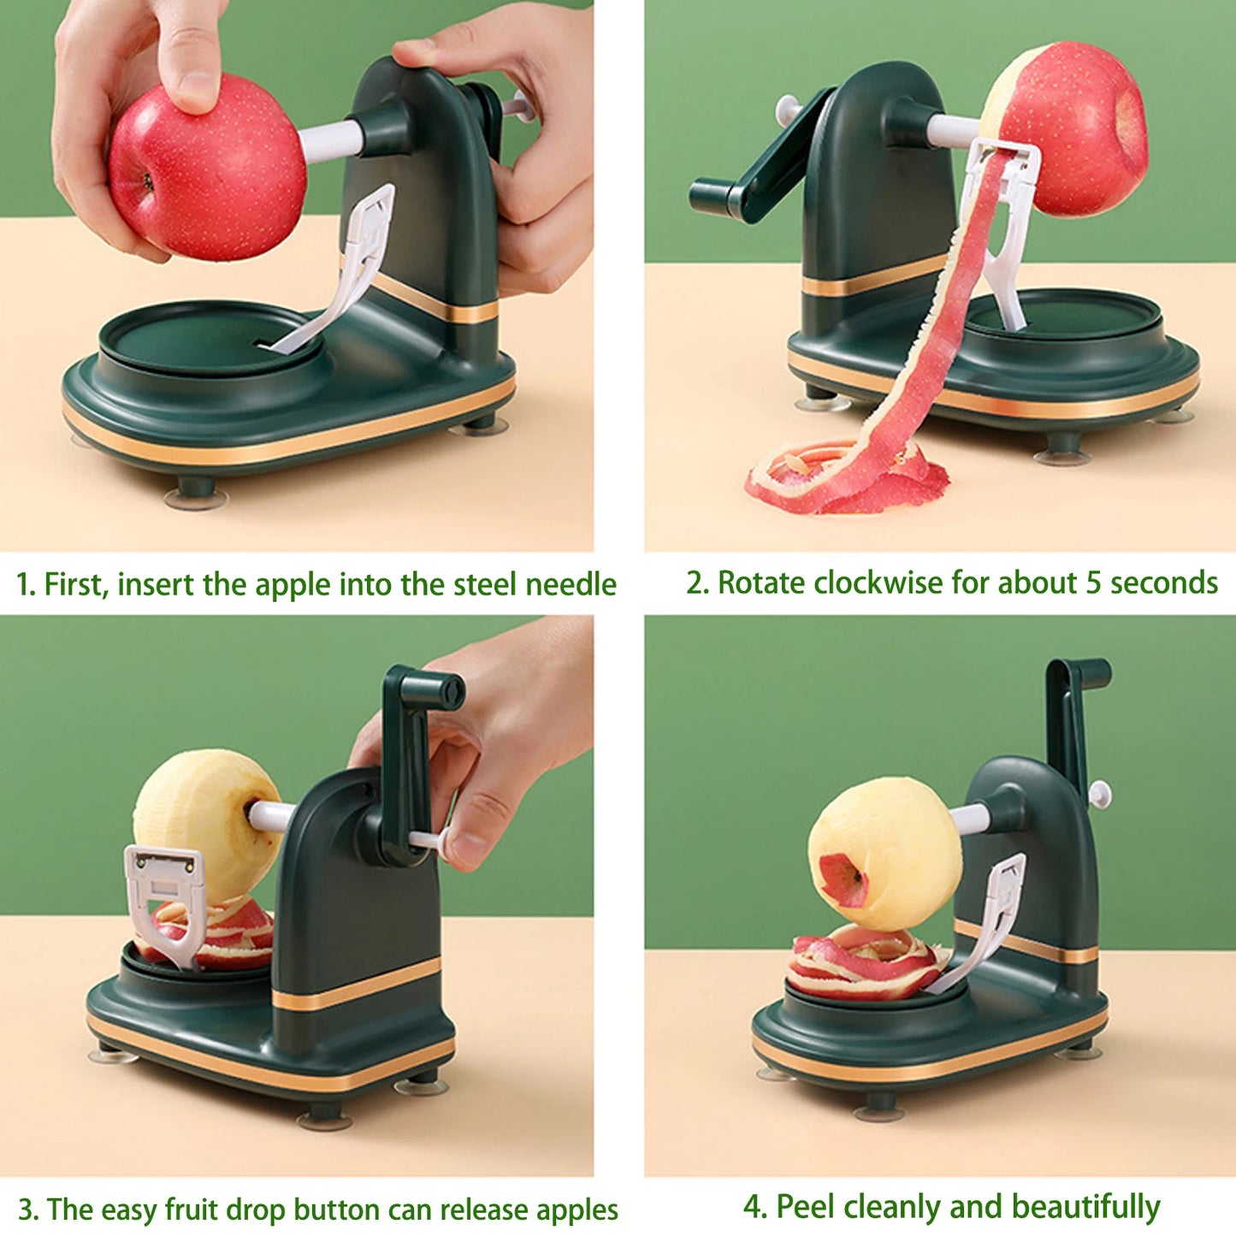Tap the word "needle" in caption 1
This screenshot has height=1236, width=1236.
(x=571, y=584)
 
